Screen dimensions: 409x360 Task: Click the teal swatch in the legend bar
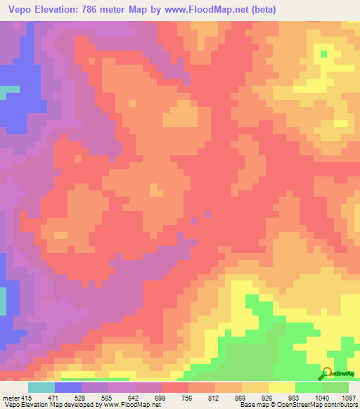41,387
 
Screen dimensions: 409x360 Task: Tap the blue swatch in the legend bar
68,387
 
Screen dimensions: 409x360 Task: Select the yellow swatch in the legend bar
281,387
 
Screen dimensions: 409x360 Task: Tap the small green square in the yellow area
323,53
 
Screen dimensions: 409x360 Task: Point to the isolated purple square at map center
207,212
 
